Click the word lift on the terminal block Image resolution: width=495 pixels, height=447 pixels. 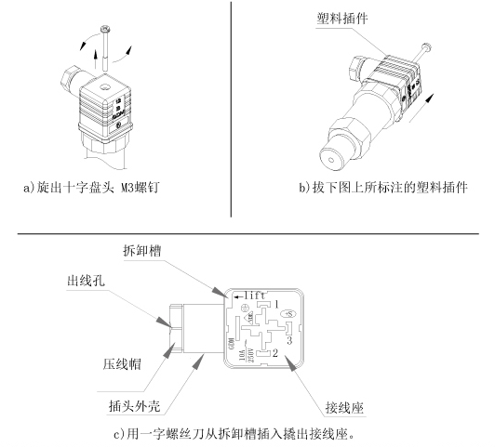point(248,295)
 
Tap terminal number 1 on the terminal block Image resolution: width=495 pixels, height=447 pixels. point(276,305)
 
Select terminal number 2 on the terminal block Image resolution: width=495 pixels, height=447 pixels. point(276,353)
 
